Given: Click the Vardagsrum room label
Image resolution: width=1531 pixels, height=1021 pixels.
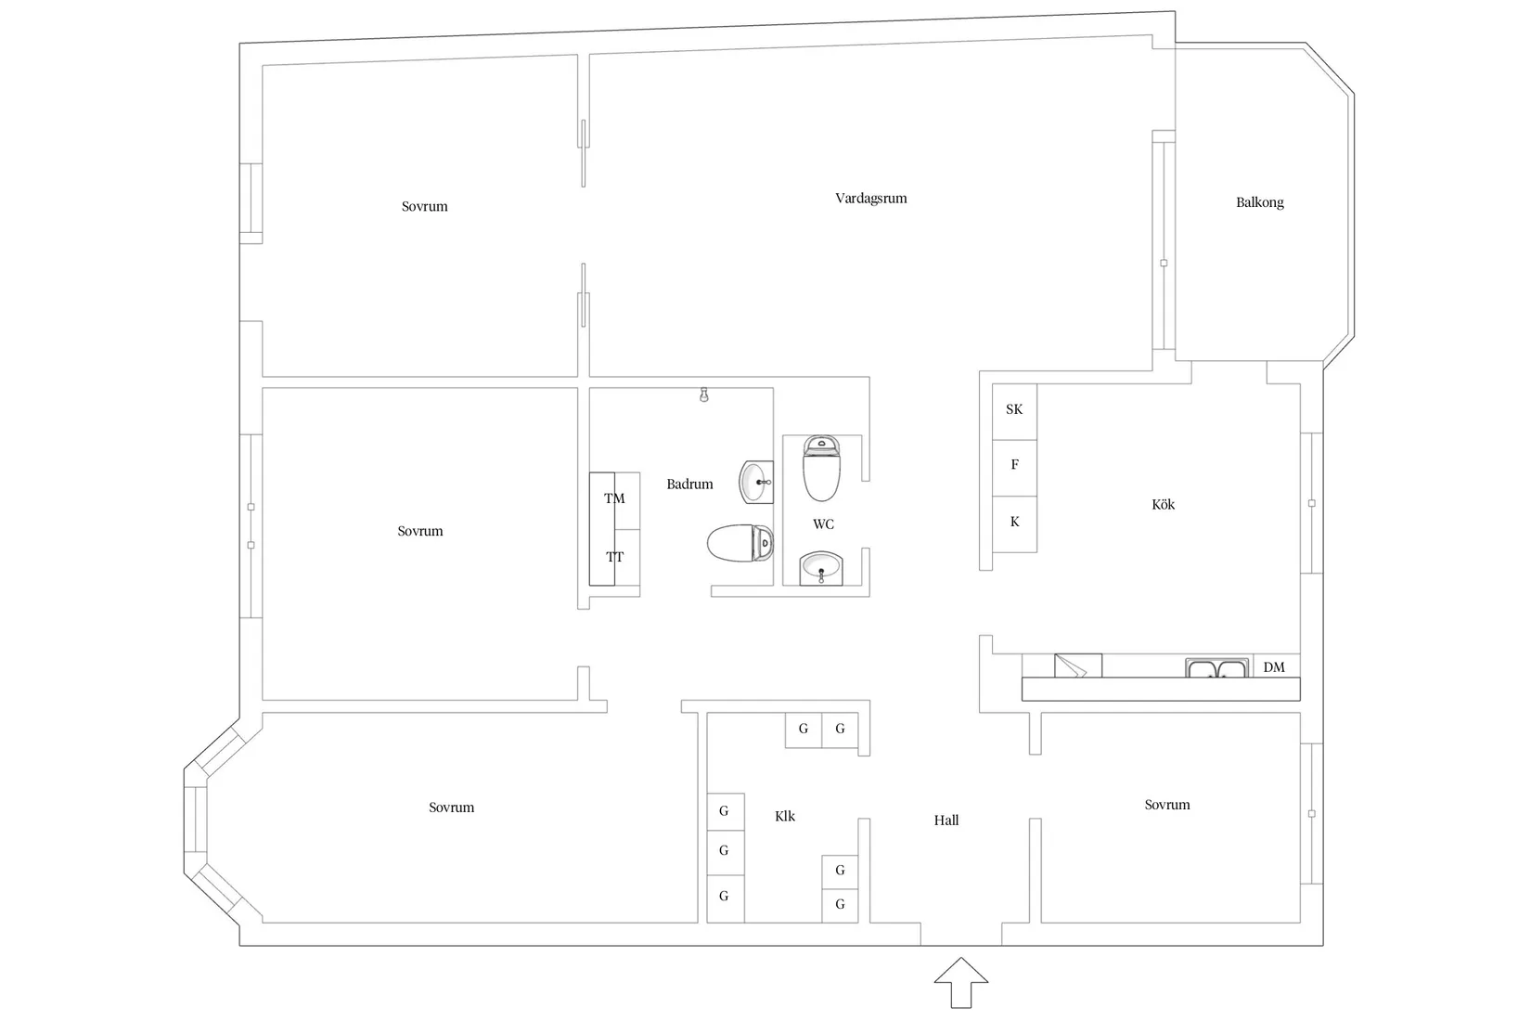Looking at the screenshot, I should pos(870,198).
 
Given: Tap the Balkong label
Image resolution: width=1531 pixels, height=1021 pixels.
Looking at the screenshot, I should pos(1259,202).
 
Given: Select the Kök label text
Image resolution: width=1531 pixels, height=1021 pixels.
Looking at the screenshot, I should pos(1163,505).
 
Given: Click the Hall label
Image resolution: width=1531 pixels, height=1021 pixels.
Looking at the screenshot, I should pos(946,821).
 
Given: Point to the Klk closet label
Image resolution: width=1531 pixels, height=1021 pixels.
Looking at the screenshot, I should pos(785,817).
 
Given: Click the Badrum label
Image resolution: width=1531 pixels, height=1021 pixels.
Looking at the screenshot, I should pos(689,485).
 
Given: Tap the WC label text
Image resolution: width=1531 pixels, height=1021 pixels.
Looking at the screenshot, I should pos(823,524).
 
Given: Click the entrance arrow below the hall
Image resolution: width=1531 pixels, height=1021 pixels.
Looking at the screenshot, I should pos(960,982).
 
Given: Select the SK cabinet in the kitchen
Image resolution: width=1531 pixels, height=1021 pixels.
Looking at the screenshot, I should pos(1014,409).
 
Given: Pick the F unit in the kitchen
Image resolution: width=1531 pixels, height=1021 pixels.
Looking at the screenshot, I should pos(1014,465).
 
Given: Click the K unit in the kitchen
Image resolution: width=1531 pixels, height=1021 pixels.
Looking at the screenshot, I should pos(1014,523).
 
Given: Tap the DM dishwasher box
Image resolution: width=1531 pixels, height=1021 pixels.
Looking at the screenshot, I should pos(1275,666).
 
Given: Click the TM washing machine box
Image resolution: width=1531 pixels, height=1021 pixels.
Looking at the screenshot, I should pos(614,499).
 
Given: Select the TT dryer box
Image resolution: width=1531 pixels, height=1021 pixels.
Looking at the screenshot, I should pos(614,557).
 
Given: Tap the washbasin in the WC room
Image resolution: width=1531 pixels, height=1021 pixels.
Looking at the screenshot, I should pos(821,567).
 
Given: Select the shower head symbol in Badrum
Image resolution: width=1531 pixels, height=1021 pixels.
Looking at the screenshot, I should pos(704,395).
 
